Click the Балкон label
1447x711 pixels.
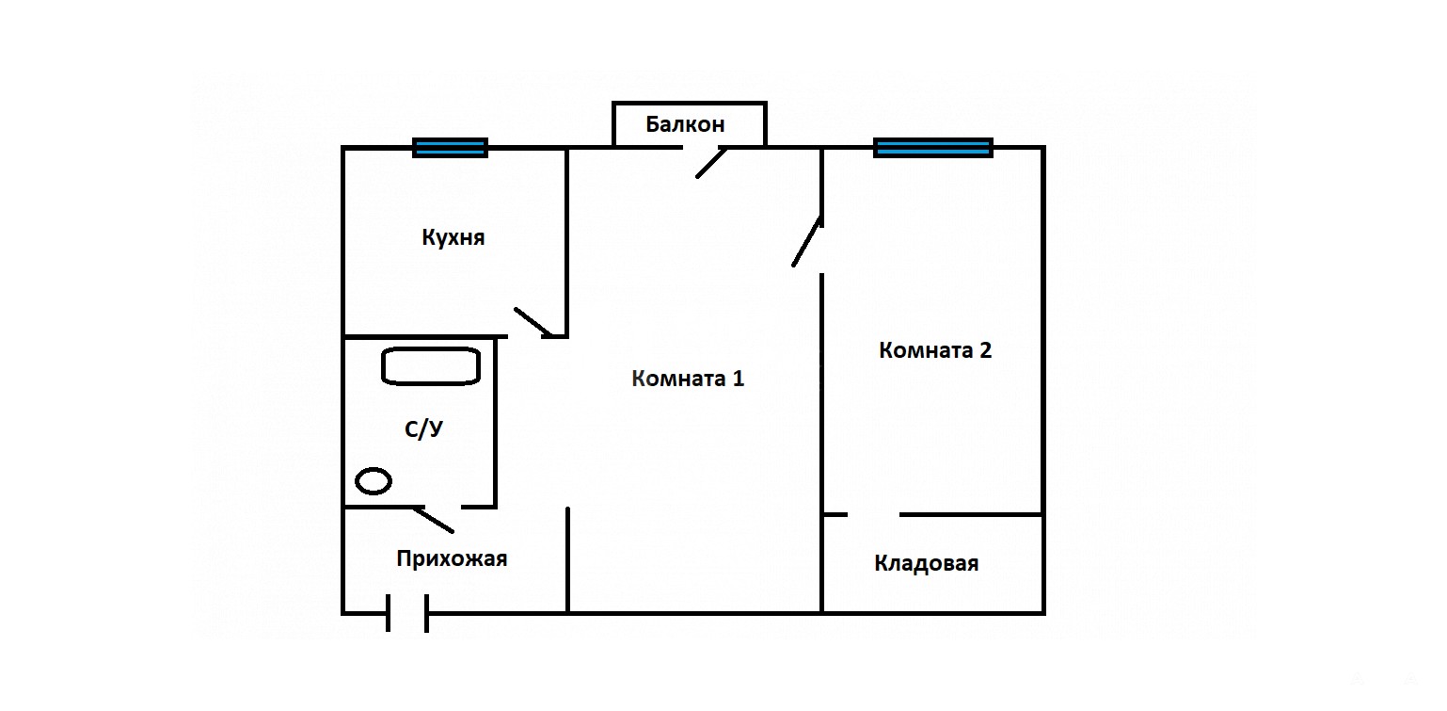(685, 124)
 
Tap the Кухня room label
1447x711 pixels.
(453, 237)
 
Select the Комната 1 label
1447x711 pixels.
(688, 379)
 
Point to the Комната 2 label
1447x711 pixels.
(935, 350)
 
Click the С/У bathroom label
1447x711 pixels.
(423, 429)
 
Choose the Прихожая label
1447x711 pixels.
(452, 558)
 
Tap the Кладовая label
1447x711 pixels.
(927, 563)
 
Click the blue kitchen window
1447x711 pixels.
(451, 148)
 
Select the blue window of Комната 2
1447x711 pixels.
(933, 148)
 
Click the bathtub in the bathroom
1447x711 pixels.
(431, 366)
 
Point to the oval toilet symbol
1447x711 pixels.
(374, 481)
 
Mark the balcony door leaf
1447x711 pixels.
(711, 162)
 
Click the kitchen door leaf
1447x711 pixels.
(533, 322)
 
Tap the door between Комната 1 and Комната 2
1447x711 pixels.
(807, 242)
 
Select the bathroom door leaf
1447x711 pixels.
(435, 518)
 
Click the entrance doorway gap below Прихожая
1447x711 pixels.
(407, 613)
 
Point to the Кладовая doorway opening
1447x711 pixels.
(874, 515)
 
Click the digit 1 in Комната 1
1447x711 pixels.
(738, 379)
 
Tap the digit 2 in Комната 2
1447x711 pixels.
(985, 350)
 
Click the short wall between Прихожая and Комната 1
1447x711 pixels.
(567, 559)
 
